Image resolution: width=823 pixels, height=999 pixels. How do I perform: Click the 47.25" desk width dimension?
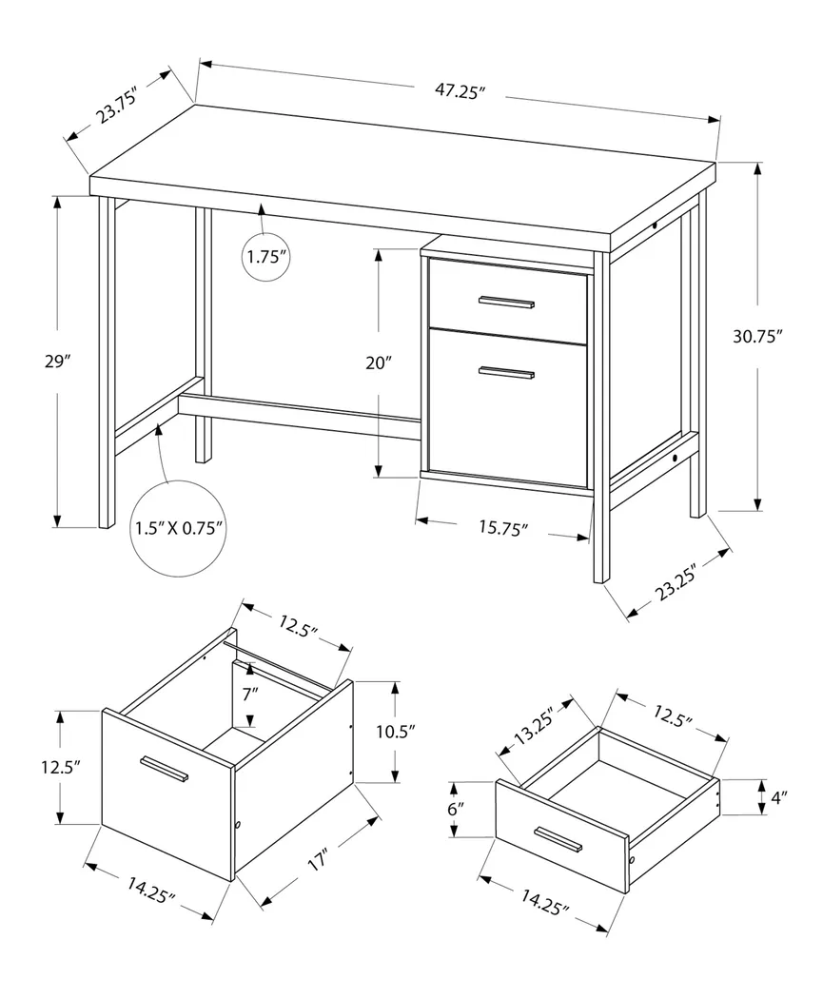(460, 92)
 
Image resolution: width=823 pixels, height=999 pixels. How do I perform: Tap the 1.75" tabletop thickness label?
(265, 256)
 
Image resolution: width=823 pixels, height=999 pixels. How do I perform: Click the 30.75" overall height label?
(757, 336)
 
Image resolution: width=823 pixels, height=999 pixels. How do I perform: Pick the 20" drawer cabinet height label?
(379, 362)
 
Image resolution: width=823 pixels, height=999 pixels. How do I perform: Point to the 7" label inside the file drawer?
(250, 695)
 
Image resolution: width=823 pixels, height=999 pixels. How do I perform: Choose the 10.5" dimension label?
(395, 732)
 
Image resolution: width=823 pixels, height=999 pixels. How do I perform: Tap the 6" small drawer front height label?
(455, 808)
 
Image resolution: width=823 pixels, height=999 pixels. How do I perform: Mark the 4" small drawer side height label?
(779, 797)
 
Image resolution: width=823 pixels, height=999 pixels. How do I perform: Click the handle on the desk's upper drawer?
(506, 303)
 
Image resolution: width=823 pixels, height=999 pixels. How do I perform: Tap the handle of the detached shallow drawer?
(558, 839)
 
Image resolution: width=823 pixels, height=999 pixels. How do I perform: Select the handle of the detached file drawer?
(164, 769)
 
